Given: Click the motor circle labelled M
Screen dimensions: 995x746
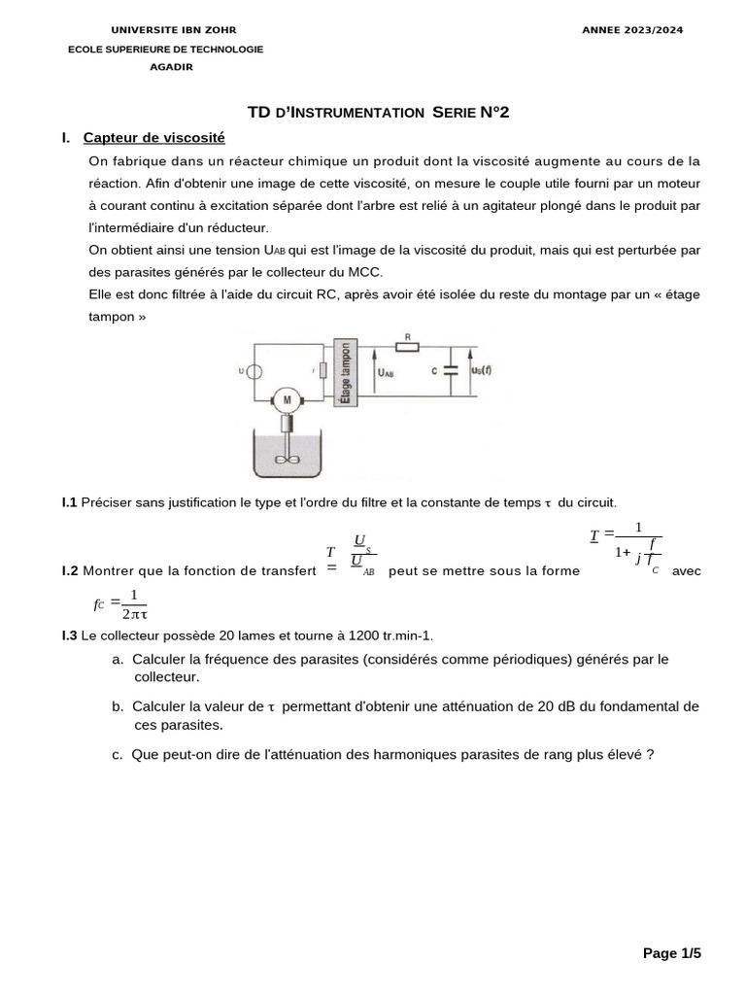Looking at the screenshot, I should point(286,399).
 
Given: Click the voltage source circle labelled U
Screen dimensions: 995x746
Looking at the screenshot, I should point(254,371).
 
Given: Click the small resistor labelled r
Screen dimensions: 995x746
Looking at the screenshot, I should point(322,371).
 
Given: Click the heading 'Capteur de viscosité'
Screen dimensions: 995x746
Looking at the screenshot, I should point(153,138).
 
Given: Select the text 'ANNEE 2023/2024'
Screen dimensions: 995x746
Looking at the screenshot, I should point(632,30).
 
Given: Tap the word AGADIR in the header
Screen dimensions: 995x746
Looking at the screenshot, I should point(171,67).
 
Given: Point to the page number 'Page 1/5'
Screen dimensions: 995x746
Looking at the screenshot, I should point(671,953).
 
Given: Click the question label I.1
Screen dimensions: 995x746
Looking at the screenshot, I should point(69,502).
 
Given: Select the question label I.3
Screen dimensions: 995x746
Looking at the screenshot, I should point(69,635).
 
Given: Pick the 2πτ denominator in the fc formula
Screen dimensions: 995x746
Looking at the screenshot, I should point(134,614).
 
